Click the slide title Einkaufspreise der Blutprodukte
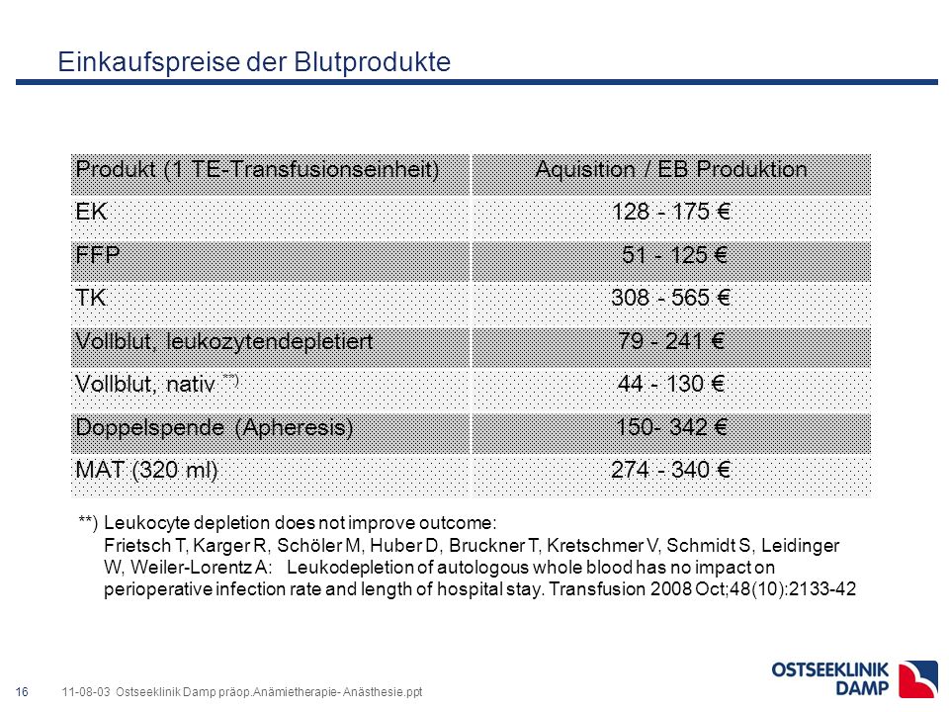(254, 62)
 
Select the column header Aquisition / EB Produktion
(671, 169)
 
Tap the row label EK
(91, 212)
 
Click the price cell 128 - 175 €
(671, 212)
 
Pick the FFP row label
(98, 255)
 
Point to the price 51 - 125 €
(674, 255)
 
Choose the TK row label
(91, 298)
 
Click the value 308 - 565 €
(670, 298)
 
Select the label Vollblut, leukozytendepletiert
(224, 341)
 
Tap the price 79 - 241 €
(671, 341)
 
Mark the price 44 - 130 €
(671, 384)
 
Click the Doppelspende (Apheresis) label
(215, 428)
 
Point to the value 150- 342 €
(671, 427)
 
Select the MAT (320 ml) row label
(146, 471)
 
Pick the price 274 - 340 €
(670, 470)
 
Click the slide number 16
(22, 692)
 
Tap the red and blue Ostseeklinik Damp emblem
(918, 679)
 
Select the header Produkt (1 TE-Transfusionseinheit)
(257, 169)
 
